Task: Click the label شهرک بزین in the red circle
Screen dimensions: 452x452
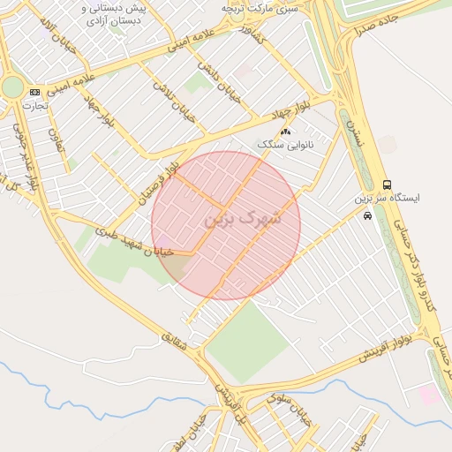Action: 243,217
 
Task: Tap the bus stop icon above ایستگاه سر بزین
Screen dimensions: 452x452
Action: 387,184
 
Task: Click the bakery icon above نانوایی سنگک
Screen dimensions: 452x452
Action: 284,132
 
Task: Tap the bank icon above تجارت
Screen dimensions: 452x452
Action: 34,92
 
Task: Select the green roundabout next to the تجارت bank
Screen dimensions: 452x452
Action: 12,87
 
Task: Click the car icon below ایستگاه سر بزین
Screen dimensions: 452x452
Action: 367,215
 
